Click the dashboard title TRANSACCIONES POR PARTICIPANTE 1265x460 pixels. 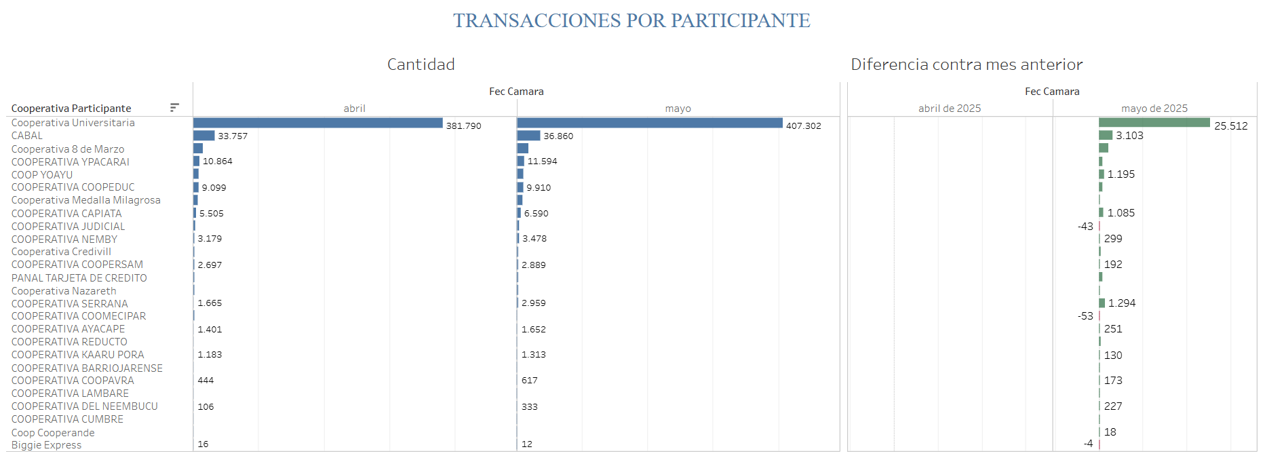[x=631, y=21]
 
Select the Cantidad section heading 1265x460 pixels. [x=421, y=64]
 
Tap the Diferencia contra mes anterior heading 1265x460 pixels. [x=967, y=64]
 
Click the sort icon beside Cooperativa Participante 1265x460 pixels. [x=174, y=108]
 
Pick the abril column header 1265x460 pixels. [x=354, y=109]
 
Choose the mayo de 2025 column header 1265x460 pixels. [x=1154, y=109]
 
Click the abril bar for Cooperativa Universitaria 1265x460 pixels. [x=317, y=123]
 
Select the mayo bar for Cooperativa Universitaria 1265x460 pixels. [x=649, y=123]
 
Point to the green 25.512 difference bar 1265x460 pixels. [x=1154, y=123]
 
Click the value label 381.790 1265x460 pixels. [x=463, y=126]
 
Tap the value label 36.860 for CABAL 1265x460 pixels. [x=558, y=136]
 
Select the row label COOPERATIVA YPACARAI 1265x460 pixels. [x=71, y=162]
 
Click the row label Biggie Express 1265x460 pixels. [x=46, y=445]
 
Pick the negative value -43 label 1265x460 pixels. [x=1085, y=227]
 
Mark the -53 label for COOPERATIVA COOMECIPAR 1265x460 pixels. [x=1085, y=316]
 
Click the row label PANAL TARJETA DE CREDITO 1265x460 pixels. [x=79, y=278]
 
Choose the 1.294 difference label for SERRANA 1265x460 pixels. [x=1122, y=303]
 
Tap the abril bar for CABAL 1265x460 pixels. [x=203, y=136]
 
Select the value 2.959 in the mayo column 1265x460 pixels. [x=533, y=303]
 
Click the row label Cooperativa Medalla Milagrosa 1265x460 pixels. [x=85, y=200]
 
